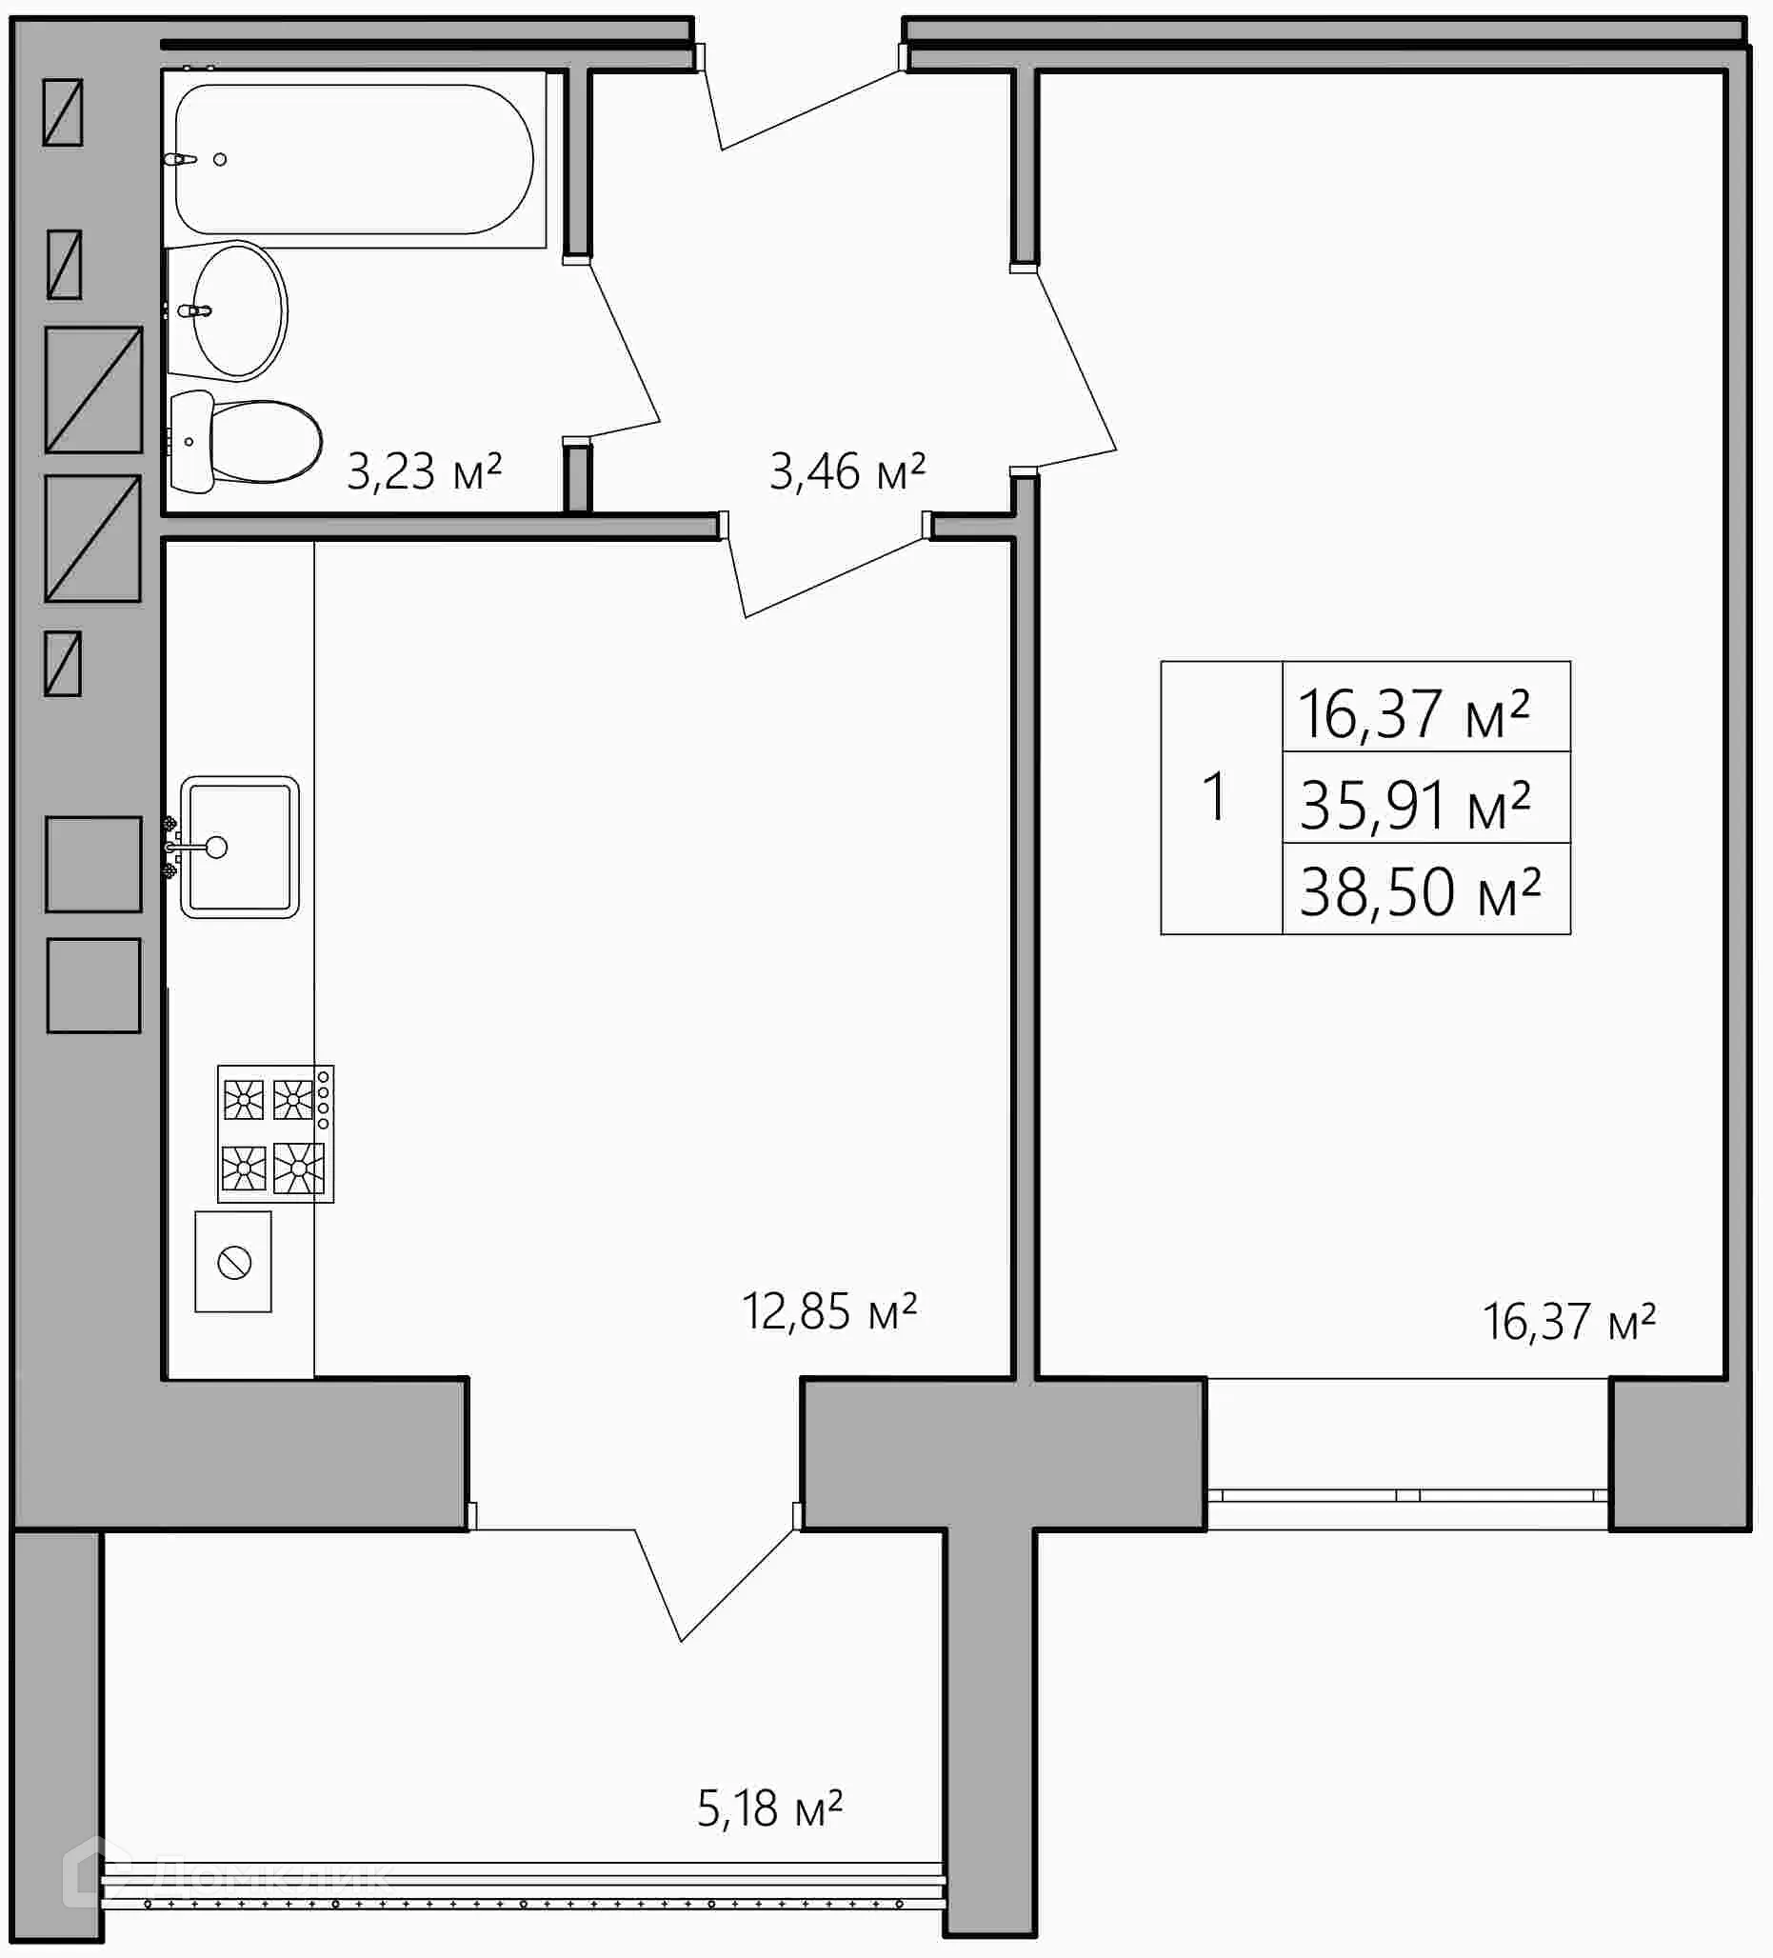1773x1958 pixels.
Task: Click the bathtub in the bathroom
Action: click(354, 159)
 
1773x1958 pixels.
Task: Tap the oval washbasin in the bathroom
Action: click(239, 310)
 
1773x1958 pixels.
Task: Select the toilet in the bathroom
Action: click(262, 442)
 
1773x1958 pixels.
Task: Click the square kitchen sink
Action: click(240, 847)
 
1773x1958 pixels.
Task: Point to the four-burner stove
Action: click(275, 1133)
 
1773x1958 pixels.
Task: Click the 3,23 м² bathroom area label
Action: click(425, 472)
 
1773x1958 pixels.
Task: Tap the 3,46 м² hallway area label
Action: click(847, 472)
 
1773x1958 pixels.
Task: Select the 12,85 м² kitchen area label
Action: click(829, 1312)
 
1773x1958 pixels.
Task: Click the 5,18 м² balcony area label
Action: click(769, 1808)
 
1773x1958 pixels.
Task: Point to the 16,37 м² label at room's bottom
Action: click(1568, 1322)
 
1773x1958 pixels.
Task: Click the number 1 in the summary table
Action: click(1215, 797)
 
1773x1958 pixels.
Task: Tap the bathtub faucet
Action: click(182, 159)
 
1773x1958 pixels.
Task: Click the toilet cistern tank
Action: click(190, 442)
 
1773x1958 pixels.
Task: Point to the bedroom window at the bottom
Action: click(1407, 1496)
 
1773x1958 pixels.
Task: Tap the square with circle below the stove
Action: click(233, 1263)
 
